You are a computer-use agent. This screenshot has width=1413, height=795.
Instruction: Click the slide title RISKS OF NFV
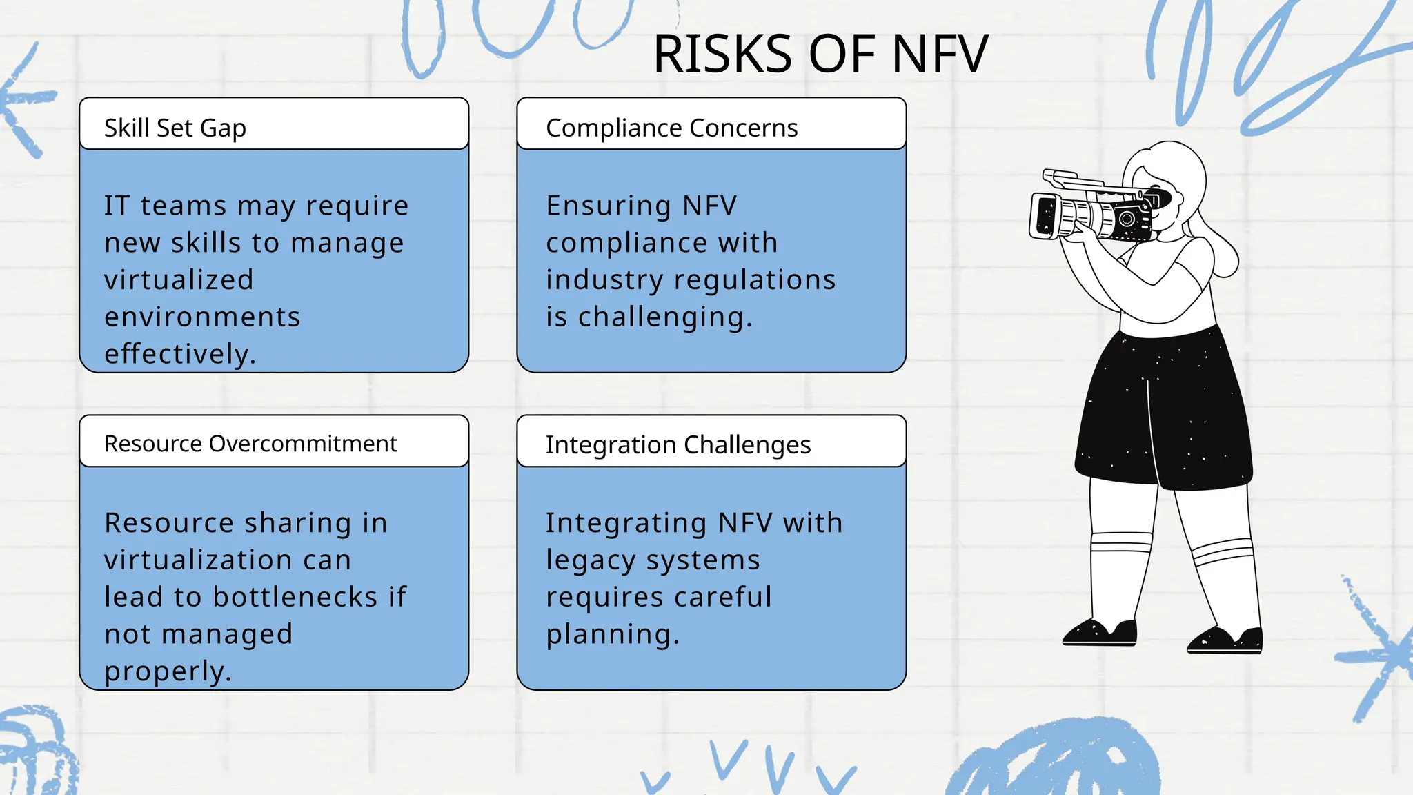820,55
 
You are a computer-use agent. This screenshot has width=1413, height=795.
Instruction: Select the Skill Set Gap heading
175,128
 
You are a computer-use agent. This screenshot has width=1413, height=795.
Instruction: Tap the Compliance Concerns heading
671,128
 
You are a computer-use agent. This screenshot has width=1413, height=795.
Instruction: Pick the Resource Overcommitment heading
250,443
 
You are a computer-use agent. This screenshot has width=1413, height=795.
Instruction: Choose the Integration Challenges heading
678,445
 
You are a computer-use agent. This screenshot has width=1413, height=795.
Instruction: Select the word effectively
179,354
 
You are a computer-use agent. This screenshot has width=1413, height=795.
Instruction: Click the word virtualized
179,280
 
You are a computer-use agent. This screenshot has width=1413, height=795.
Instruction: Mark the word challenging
664,317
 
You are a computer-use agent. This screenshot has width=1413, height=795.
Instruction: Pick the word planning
612,634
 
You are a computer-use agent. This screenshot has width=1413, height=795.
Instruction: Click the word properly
168,671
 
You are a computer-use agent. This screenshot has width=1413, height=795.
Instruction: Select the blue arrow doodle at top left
26,101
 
